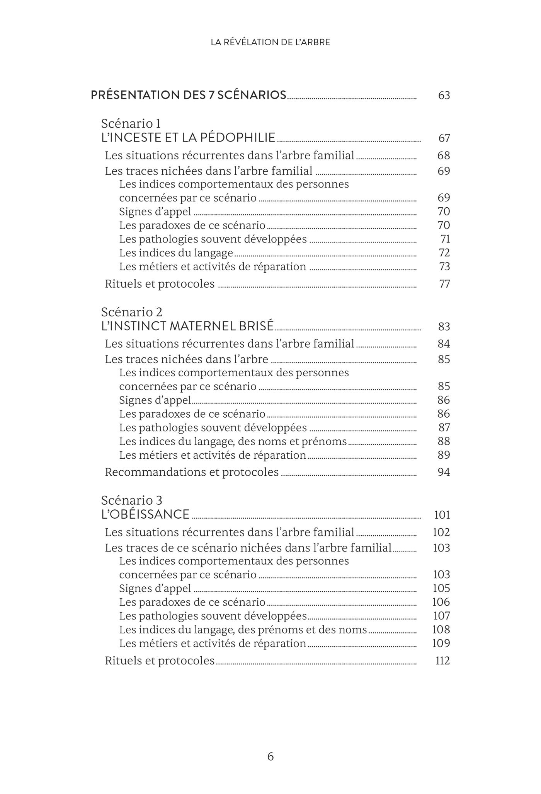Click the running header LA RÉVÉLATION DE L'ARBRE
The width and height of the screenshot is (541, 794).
point(270,43)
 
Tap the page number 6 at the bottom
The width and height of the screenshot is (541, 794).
point(270,756)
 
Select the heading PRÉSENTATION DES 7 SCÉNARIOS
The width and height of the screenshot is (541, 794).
point(189,95)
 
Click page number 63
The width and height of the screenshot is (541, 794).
point(444,96)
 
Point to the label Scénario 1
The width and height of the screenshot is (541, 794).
point(131,124)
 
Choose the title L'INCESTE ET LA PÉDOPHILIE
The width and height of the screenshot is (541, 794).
point(188,138)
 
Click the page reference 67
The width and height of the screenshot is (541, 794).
point(444,138)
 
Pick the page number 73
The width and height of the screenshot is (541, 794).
point(444,266)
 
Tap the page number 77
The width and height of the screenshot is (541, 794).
point(445,284)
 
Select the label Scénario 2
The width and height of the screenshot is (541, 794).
point(132,312)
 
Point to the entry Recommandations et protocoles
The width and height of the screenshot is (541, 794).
point(192,472)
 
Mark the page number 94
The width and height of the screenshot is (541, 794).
point(444,472)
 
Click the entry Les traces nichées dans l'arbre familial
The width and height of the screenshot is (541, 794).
point(209,171)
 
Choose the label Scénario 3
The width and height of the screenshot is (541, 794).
point(132,500)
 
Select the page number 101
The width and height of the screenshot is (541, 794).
point(442,515)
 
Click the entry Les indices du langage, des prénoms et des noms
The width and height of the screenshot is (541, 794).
point(243,630)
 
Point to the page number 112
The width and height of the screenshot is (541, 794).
point(443,661)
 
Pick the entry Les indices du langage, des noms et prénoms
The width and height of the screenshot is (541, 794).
point(233,441)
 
